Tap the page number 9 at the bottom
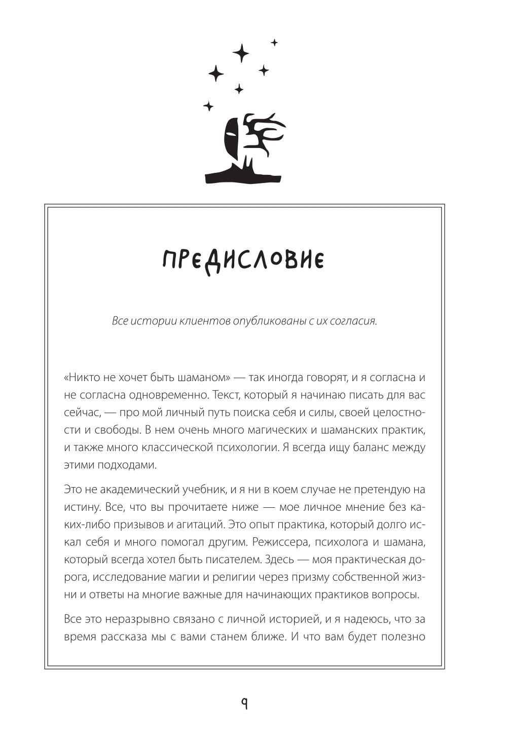tap(244, 703)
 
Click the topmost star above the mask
tap(274, 43)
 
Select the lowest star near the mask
tap(208, 106)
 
